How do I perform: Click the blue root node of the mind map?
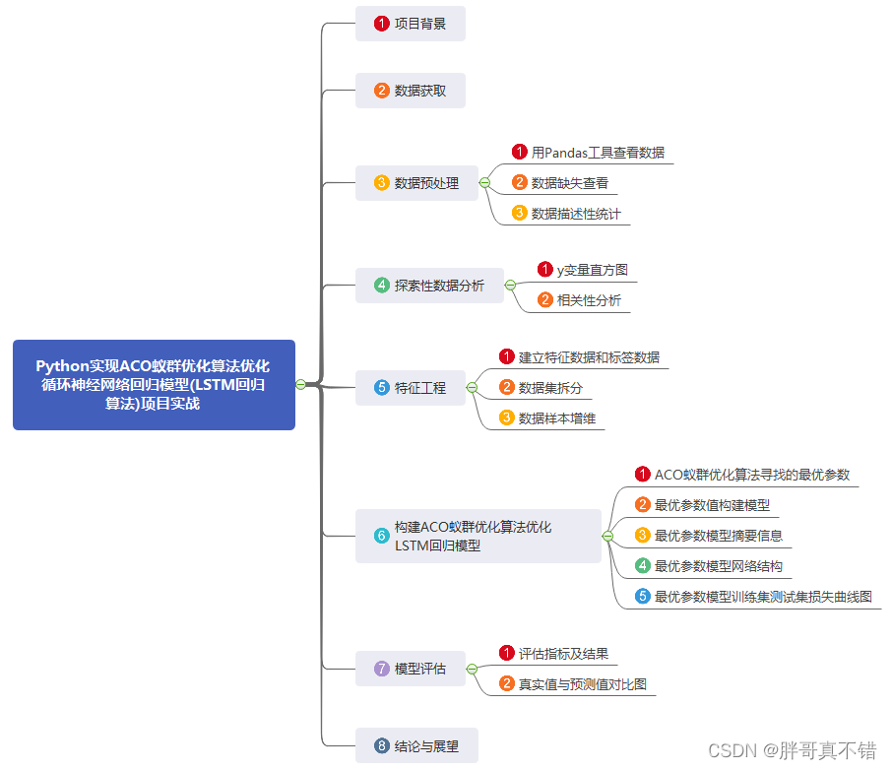pos(154,385)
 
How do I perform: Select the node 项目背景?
pos(410,24)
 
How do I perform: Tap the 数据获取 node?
pos(410,91)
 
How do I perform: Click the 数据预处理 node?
pos(415,183)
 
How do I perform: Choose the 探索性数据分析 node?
pos(428,286)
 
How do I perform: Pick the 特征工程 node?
pos(410,388)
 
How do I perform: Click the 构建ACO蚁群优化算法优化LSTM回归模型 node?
pos(478,536)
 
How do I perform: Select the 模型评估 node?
pos(410,669)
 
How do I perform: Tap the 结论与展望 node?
pos(416,746)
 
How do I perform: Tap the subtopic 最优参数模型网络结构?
pos(718,566)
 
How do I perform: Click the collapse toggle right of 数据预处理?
pos(484,183)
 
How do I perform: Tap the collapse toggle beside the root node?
pos(300,385)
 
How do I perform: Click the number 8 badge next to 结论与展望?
pos(382,746)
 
